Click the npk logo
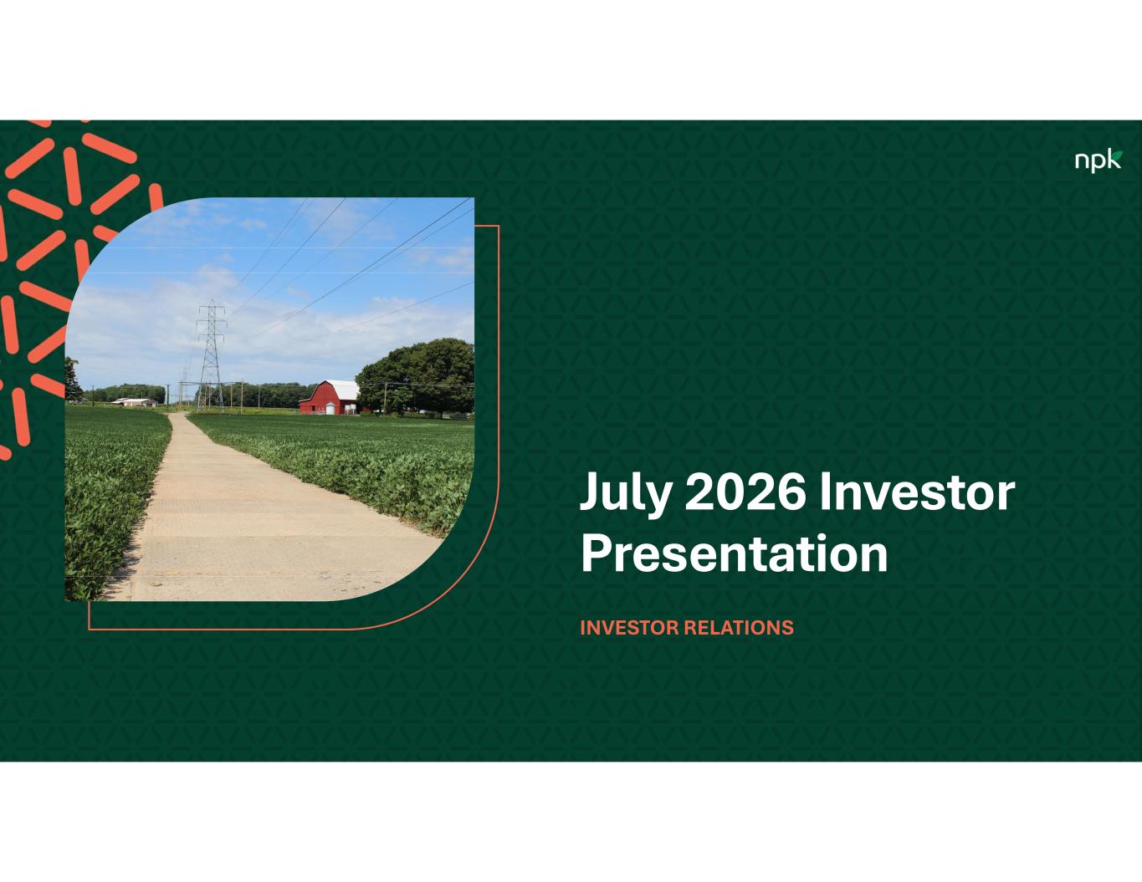pyautogui.click(x=1098, y=161)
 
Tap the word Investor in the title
pyautogui.click(x=917, y=492)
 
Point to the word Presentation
pyautogui.click(x=735, y=554)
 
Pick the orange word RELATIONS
pyautogui.click(x=738, y=627)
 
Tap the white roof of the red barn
pyautogui.click(x=343, y=390)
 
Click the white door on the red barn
pyautogui.click(x=330, y=409)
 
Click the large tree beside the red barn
pyautogui.click(x=417, y=375)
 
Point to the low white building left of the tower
pyautogui.click(x=134, y=402)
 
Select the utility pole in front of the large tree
pyautogui.click(x=385, y=397)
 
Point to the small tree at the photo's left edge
pyautogui.click(x=72, y=379)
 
